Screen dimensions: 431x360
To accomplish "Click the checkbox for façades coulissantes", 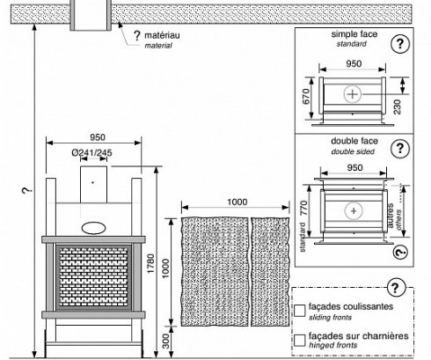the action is [x=300, y=311].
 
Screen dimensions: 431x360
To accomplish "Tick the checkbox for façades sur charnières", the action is [x=300, y=341].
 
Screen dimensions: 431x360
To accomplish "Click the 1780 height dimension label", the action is [x=150, y=264].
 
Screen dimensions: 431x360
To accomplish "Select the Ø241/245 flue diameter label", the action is [x=91, y=152].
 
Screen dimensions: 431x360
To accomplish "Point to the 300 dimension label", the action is [x=165, y=342].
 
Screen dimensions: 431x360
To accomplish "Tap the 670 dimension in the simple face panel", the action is [x=306, y=97].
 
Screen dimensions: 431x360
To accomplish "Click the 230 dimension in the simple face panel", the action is [x=397, y=107].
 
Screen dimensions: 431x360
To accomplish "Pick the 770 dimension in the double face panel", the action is [x=304, y=209].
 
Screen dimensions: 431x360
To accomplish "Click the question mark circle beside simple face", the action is [x=400, y=44].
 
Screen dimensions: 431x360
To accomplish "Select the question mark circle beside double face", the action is [x=400, y=149].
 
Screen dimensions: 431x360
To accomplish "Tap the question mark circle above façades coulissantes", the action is [x=397, y=288].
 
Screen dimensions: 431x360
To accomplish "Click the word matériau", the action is [x=162, y=35].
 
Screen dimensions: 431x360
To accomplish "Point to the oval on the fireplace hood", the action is [x=93, y=228].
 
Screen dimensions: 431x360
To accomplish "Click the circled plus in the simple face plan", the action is [x=352, y=94].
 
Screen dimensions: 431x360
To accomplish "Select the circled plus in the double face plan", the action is [x=354, y=210].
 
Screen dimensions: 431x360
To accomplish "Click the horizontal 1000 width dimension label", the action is [x=237, y=202].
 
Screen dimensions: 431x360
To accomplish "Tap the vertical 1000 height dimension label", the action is [x=165, y=268].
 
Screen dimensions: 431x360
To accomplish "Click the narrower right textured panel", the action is [x=270, y=272].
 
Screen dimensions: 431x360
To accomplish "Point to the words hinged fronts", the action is [x=333, y=345].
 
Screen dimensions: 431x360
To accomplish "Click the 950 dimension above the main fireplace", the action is [x=98, y=137].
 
